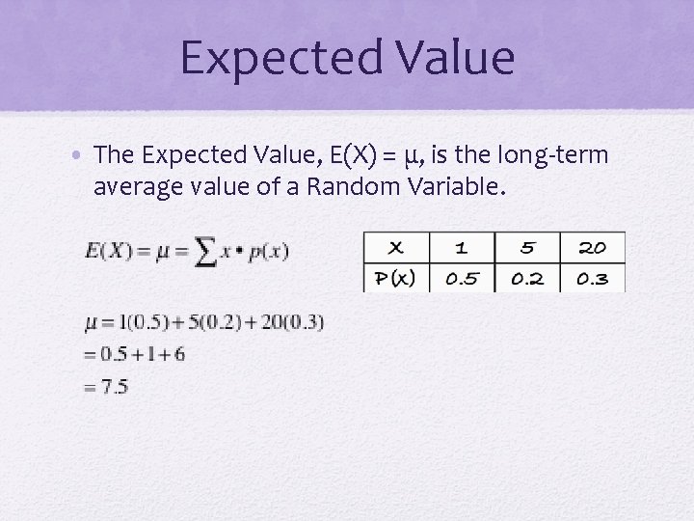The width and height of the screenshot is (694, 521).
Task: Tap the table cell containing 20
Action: [592, 247]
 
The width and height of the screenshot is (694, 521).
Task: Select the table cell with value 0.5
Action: [461, 279]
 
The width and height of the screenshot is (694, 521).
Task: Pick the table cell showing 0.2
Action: [526, 279]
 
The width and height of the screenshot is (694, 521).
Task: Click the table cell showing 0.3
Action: [592, 279]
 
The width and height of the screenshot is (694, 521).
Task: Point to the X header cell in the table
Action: [396, 247]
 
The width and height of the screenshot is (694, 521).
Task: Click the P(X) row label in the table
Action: [396, 279]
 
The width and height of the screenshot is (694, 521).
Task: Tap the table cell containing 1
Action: [461, 247]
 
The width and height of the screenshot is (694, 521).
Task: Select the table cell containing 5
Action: [526, 247]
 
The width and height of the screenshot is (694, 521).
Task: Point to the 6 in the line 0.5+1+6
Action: [178, 354]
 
